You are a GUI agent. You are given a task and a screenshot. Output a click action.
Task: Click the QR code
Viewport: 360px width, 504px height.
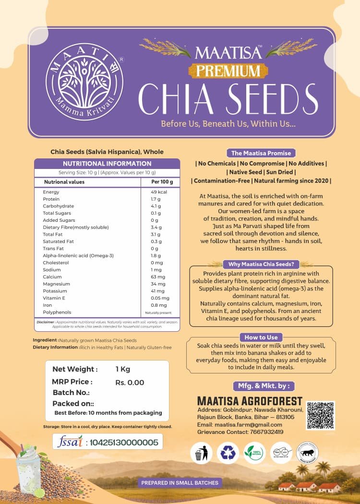click(321, 416)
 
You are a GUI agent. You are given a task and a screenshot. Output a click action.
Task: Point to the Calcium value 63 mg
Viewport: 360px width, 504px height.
click(158, 277)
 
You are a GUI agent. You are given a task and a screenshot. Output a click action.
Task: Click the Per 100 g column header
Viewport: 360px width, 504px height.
click(158, 182)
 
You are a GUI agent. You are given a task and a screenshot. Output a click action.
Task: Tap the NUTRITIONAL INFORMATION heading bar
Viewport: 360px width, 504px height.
click(107, 164)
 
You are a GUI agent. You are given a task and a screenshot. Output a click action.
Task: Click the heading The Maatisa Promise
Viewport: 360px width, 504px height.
click(261, 153)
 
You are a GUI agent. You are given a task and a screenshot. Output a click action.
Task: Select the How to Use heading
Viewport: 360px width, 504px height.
click(261, 337)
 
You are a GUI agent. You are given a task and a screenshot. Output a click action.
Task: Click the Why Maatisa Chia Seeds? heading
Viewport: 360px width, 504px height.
click(261, 264)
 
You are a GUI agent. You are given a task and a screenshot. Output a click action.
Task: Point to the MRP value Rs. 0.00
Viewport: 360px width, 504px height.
click(130, 383)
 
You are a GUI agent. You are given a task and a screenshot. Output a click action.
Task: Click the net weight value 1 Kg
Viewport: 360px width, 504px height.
click(123, 369)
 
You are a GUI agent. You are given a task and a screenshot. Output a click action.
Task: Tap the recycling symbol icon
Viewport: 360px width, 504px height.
click(228, 453)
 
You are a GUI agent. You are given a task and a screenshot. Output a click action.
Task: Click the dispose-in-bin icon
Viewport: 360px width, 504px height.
click(201, 453)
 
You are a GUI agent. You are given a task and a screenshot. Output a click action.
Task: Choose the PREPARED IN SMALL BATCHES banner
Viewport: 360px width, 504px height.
click(180, 482)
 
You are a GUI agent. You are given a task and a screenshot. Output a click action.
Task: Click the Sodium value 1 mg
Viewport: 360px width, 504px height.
click(157, 270)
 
